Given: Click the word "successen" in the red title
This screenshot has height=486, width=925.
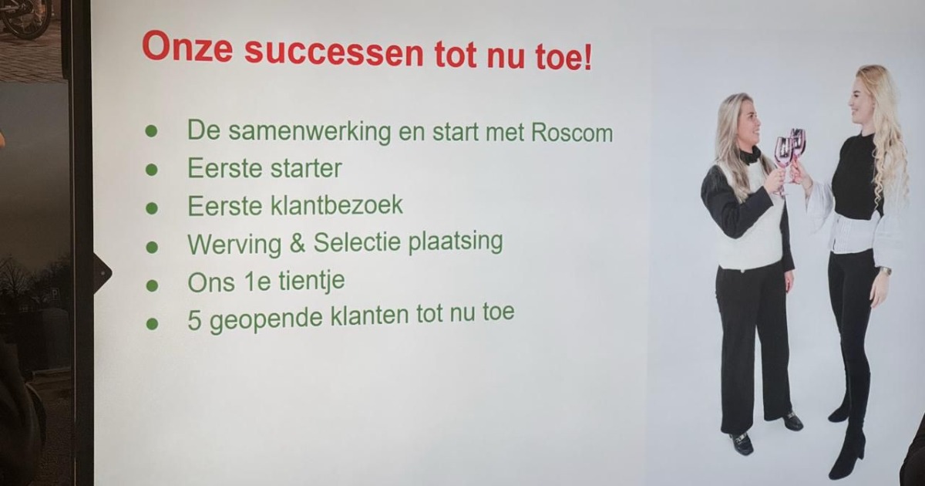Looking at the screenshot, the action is click(x=334, y=52).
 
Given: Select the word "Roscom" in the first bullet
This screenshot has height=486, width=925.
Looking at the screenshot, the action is click(x=572, y=133).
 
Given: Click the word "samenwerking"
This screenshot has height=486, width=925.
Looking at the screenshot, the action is click(x=310, y=132).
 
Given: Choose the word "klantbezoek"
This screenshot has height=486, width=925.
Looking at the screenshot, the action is click(x=337, y=204).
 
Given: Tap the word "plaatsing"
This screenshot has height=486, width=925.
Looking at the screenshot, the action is click(x=456, y=241).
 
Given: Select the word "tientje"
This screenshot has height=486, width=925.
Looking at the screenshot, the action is click(x=311, y=282).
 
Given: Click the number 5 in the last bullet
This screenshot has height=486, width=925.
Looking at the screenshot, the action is click(x=194, y=320).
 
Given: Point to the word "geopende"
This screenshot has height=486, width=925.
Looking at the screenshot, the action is click(x=266, y=319).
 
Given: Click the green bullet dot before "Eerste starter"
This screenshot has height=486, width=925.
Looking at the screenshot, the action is click(x=152, y=170).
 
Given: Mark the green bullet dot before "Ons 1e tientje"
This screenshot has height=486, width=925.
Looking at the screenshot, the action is click(x=152, y=285).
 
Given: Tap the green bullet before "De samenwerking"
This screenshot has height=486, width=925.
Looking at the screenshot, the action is click(x=151, y=131).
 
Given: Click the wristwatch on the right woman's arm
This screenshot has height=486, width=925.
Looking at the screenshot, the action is click(x=884, y=272).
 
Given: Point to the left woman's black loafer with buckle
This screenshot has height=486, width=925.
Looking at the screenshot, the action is click(x=742, y=443).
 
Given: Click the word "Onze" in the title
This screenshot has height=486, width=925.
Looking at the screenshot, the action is click(x=187, y=48).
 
